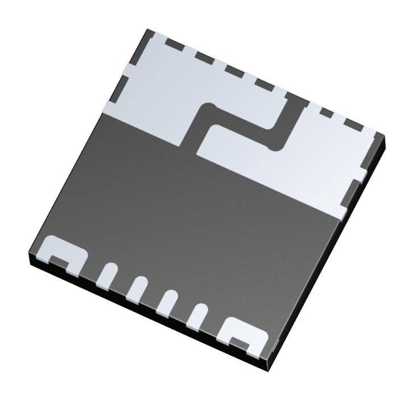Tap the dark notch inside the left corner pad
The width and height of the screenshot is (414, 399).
[x=57, y=260]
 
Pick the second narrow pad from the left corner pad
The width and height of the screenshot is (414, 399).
[x=136, y=286]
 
